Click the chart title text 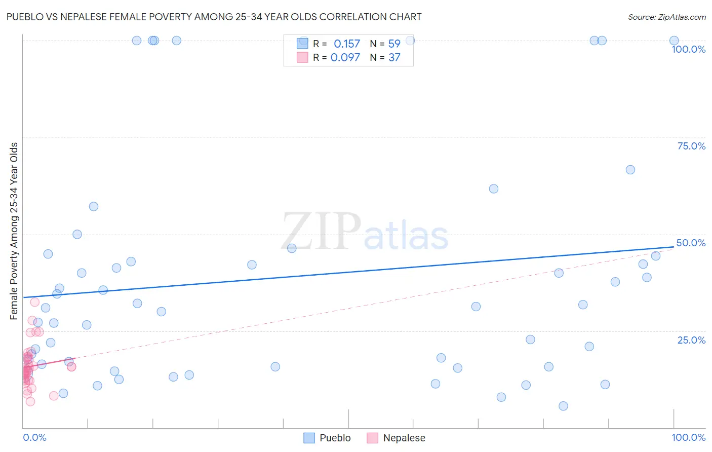coord(214,17)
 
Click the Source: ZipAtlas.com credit coord(666,17)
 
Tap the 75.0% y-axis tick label coord(691,146)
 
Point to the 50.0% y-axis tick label coord(691,243)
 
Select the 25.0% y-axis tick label coord(691,340)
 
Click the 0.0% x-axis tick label coord(34,437)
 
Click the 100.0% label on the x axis coord(688,437)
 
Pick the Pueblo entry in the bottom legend coord(328,438)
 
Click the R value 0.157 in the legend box coord(347,44)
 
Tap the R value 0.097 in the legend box coord(345,58)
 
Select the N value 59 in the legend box coord(394,44)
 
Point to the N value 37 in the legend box coord(394,58)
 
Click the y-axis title coord(14,231)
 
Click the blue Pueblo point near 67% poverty coord(630,170)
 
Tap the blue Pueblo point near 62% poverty coord(494,189)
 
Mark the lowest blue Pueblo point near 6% coord(563,406)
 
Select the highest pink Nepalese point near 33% coord(35,302)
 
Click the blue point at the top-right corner coord(674,41)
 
